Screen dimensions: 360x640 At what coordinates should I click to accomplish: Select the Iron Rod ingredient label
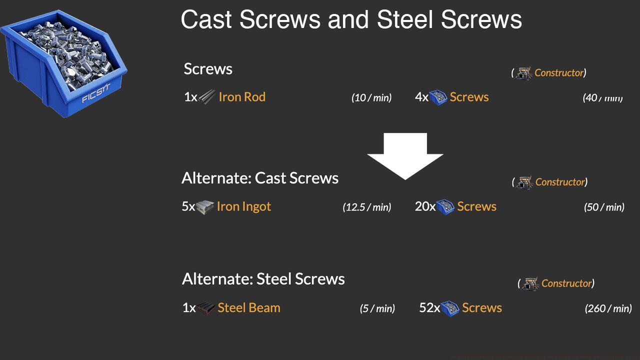(242, 97)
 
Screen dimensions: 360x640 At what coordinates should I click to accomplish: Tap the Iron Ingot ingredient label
(244, 206)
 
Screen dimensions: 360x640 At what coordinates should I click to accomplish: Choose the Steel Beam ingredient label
(249, 307)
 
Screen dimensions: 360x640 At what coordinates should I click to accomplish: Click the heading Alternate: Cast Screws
(260, 178)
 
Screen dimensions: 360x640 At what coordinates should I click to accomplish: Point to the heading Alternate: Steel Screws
(263, 279)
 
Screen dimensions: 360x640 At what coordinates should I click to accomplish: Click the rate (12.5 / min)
(367, 207)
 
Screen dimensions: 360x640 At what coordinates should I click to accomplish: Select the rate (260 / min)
(608, 308)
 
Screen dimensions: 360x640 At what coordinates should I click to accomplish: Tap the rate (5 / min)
(377, 308)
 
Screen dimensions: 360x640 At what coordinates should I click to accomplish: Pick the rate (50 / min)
(604, 207)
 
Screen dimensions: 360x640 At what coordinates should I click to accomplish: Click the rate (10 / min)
(371, 97)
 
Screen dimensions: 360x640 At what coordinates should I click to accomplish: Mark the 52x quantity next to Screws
(429, 308)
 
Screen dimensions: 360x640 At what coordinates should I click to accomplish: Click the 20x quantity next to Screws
(425, 206)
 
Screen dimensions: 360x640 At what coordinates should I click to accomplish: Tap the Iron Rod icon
(207, 96)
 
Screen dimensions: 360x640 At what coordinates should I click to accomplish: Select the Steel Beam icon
(205, 308)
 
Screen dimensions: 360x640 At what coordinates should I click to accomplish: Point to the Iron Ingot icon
(205, 206)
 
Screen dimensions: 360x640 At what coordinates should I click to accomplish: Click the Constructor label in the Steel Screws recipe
(566, 283)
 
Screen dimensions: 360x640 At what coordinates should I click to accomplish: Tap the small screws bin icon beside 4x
(438, 97)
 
